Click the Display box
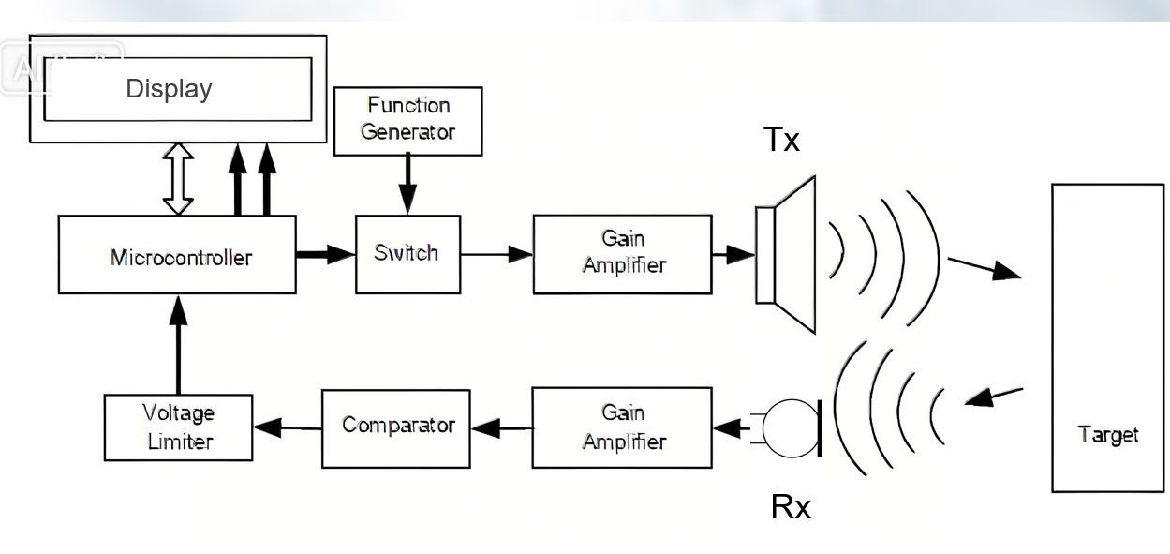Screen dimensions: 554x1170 tap(178, 89)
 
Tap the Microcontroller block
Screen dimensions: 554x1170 tap(177, 255)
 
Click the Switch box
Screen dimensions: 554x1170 tap(407, 254)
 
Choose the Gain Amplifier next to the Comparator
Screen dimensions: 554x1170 tap(622, 427)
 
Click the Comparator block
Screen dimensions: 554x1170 tap(395, 427)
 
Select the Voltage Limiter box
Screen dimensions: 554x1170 tap(178, 427)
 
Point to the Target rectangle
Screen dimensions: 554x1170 tap(1107, 337)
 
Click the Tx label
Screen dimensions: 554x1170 tap(781, 140)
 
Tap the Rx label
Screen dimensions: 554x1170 tap(790, 507)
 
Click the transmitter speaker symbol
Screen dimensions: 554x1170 tap(787, 254)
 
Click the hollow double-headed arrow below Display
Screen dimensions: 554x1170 tap(178, 179)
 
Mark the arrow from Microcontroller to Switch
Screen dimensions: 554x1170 tap(325, 254)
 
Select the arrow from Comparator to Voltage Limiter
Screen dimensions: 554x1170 tap(287, 427)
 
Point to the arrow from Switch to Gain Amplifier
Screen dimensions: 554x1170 tap(496, 254)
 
